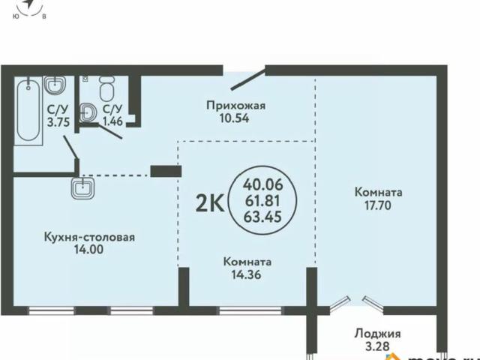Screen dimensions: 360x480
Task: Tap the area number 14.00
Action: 88,252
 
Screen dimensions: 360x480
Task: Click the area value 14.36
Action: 247,274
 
